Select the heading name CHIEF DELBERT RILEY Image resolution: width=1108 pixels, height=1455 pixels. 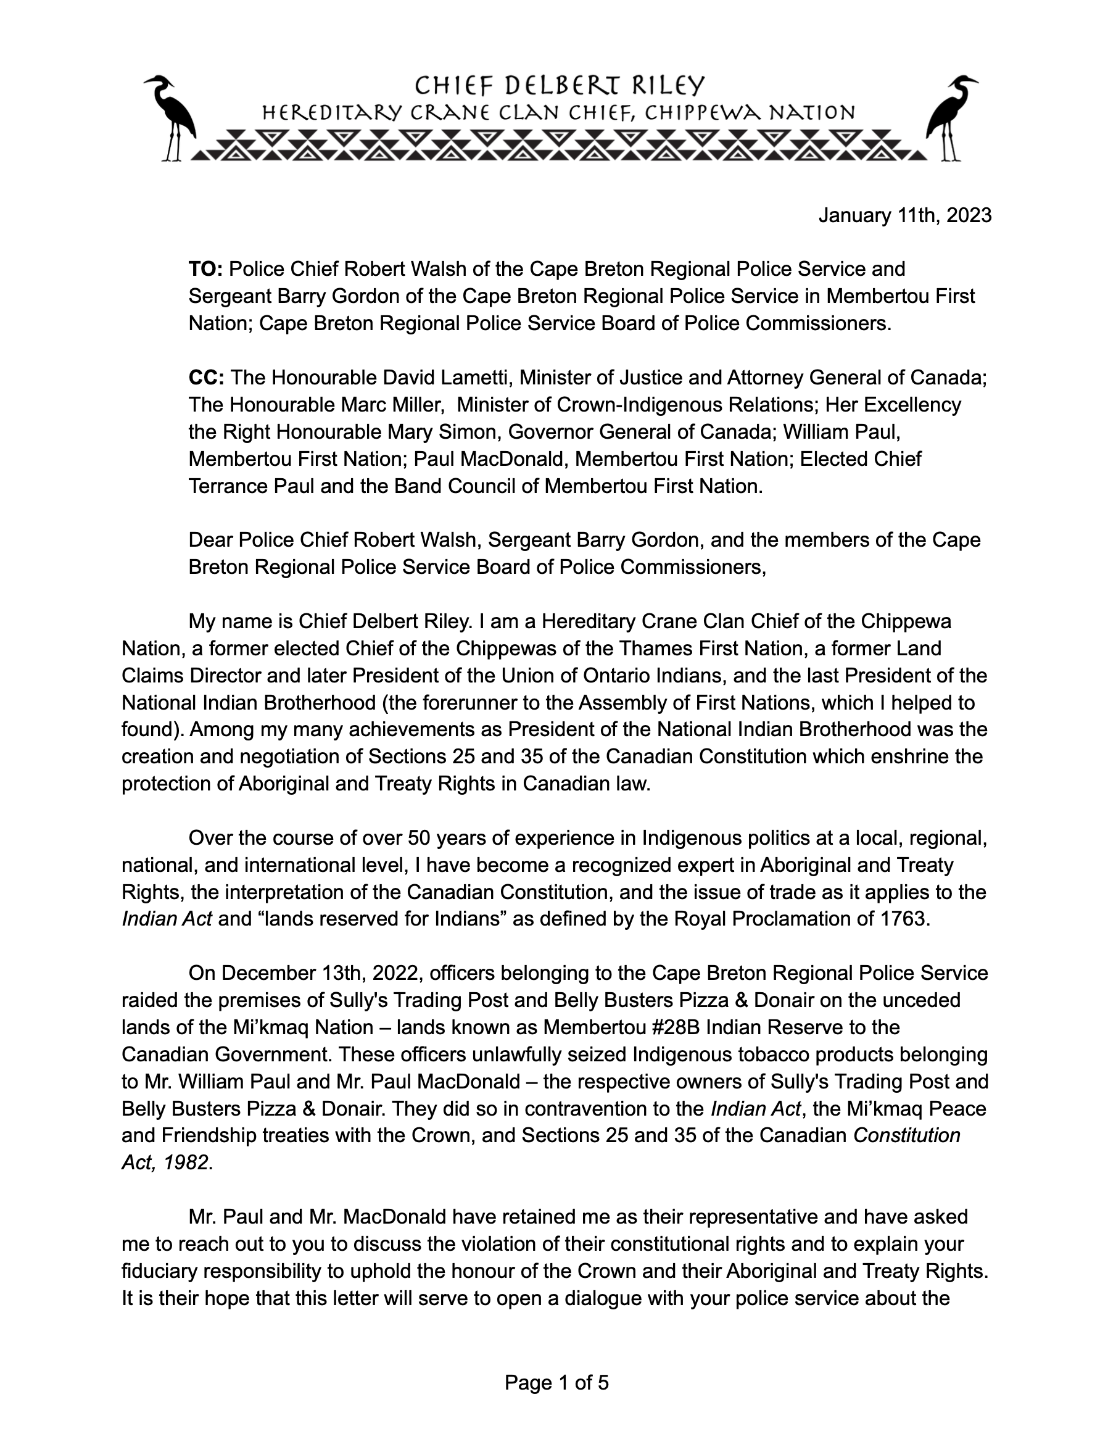point(560,86)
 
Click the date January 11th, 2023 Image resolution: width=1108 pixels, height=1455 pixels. point(905,216)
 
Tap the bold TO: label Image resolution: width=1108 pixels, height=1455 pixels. point(206,269)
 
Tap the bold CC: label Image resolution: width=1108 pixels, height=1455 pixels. point(207,377)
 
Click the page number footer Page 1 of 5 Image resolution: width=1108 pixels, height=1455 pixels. point(556,1382)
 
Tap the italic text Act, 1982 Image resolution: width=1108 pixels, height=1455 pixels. point(165,1162)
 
